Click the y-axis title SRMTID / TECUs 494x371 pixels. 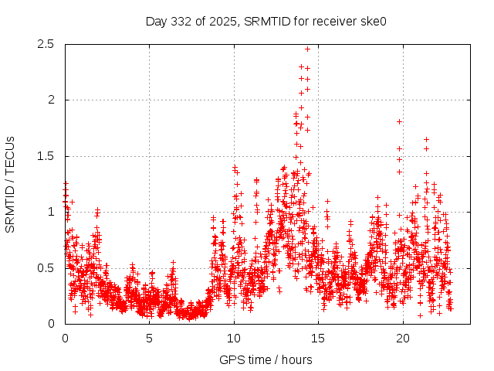tap(11, 184)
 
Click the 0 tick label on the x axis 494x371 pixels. tap(65, 339)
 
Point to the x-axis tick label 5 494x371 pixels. tap(150, 339)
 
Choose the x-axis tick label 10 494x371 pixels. tap(234, 339)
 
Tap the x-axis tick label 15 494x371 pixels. tap(319, 339)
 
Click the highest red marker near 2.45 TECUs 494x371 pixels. tap(307, 49)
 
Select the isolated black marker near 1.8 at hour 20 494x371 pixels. tap(399, 121)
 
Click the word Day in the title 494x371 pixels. tap(157, 21)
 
